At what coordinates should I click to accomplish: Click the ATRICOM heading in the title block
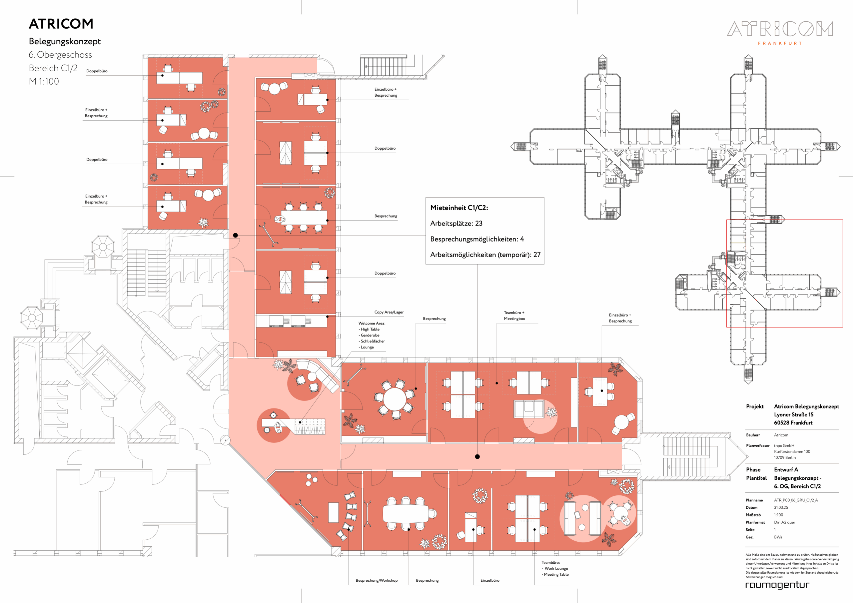point(61,24)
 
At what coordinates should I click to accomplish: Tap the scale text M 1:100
point(44,81)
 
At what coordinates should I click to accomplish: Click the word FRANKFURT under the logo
point(780,43)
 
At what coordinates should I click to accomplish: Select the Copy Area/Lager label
point(389,312)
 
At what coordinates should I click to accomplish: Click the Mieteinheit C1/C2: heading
point(459,208)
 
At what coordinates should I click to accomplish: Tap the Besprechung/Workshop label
point(376,580)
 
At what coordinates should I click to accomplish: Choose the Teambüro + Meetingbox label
point(514,315)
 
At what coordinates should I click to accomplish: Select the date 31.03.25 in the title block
point(781,507)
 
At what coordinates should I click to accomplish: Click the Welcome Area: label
point(372,323)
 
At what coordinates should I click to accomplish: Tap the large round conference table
point(395,399)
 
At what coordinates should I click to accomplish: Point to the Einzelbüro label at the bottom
point(490,580)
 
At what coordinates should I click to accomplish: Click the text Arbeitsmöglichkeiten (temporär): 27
point(485,255)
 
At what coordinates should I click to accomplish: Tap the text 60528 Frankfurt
point(793,423)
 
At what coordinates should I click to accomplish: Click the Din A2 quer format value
point(785,522)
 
